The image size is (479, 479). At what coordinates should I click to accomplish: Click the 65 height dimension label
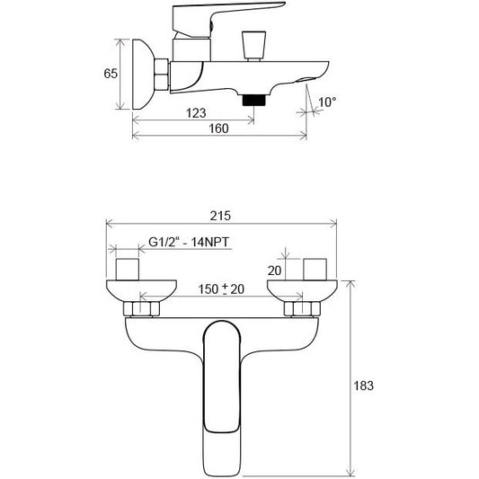[x=111, y=74]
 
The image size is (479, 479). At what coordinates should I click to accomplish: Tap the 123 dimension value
[x=196, y=113]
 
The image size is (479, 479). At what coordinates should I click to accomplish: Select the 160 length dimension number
[x=218, y=129]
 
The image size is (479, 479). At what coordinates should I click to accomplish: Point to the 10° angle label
[x=327, y=102]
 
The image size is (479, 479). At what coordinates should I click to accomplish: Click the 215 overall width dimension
[x=220, y=216]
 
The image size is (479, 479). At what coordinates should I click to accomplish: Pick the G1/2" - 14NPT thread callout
[x=189, y=242]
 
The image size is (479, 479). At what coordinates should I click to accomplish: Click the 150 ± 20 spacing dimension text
[x=221, y=289]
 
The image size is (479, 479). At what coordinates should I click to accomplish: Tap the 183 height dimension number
[x=364, y=386]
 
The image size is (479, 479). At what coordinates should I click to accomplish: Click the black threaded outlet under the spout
[x=253, y=100]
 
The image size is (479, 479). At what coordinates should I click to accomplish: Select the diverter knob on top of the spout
[x=253, y=46]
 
